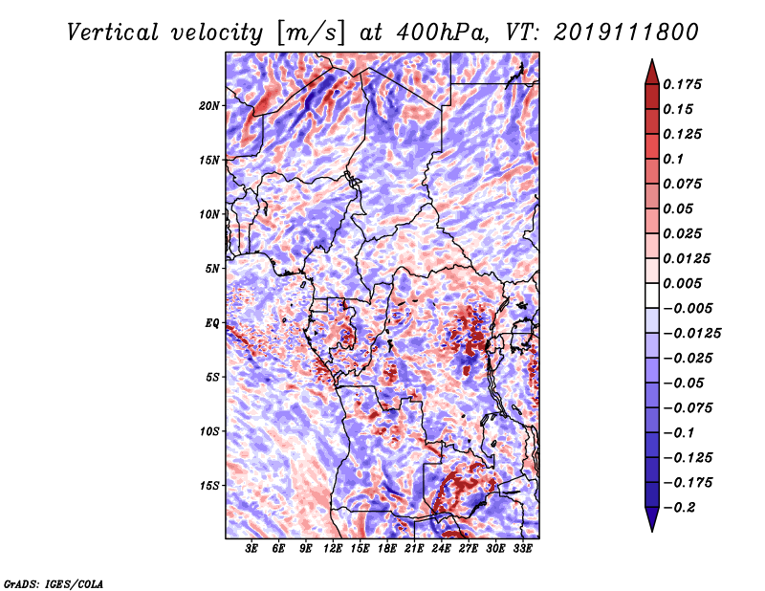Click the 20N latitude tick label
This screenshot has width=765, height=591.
[x=208, y=106]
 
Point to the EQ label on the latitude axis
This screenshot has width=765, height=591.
[x=211, y=323]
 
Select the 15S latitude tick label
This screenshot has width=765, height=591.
[x=208, y=486]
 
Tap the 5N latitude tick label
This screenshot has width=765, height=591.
[x=211, y=269]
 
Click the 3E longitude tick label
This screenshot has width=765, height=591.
[x=251, y=549]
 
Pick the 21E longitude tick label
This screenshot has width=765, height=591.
[x=414, y=549]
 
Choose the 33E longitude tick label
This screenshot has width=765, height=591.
[x=522, y=549]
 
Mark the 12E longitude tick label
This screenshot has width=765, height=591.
[x=332, y=549]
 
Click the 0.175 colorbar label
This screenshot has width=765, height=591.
[x=682, y=84]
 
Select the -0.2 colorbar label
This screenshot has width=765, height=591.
[x=680, y=508]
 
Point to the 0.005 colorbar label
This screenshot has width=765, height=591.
[x=682, y=283]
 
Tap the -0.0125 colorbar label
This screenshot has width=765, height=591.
[x=691, y=334]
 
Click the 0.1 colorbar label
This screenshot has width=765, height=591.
[x=673, y=159]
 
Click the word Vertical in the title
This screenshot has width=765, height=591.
[x=113, y=33]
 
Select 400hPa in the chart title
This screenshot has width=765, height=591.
[x=442, y=33]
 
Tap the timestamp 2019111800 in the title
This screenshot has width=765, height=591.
[x=626, y=33]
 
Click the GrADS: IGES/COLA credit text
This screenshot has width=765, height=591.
[x=54, y=583]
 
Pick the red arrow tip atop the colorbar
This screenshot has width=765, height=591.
[x=652, y=60]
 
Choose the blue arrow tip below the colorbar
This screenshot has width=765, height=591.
[x=652, y=530]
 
